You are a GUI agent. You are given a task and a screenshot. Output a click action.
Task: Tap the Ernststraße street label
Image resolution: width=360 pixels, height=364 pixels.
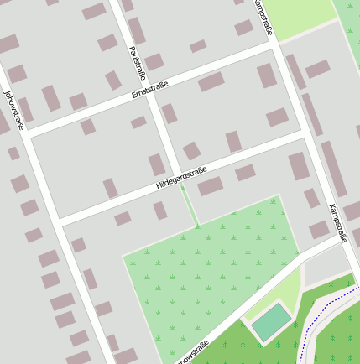pos(150,89)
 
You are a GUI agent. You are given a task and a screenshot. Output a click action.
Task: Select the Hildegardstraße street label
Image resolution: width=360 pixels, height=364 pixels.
pos(181,177)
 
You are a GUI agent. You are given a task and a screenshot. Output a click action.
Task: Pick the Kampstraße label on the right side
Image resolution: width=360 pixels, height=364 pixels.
pos(337,221)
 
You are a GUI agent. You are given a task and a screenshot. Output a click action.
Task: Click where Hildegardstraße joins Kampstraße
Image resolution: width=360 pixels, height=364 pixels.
pos(304,133)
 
